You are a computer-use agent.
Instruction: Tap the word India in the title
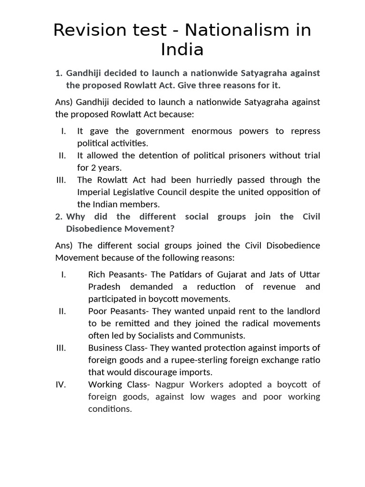coord(182,49)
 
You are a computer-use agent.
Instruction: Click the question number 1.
coord(58,73)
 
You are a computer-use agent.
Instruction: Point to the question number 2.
coord(58,217)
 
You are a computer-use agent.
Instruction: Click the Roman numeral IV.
coord(61,384)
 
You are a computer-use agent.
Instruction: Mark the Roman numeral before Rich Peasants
coord(63,274)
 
